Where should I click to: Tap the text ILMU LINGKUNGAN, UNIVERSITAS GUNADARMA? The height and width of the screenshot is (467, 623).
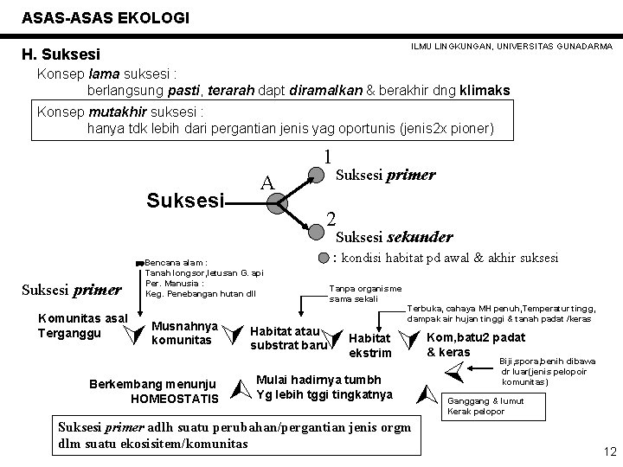tap(511, 45)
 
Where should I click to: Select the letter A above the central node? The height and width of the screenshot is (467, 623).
tap(268, 182)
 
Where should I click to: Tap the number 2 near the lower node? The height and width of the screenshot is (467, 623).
tap(330, 218)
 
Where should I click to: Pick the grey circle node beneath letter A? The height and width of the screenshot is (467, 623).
tap(275, 204)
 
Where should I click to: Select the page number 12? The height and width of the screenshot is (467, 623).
tap(607, 451)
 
